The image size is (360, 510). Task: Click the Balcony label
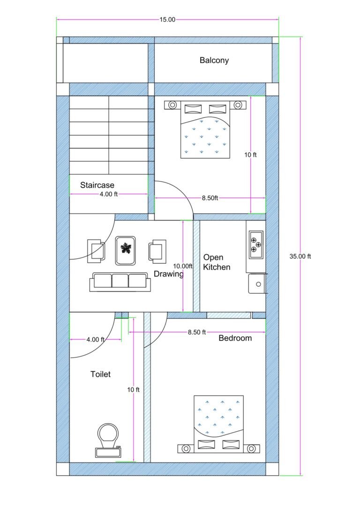click(x=214, y=60)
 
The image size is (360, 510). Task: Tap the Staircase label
click(x=97, y=185)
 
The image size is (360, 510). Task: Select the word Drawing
click(x=169, y=274)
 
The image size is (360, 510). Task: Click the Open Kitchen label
click(x=216, y=262)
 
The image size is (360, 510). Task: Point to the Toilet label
click(x=100, y=374)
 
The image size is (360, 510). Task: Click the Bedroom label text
click(x=235, y=338)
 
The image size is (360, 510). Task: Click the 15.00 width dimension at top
click(x=167, y=19)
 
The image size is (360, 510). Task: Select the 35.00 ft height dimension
click(x=300, y=256)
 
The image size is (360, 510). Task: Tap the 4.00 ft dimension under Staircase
click(x=109, y=194)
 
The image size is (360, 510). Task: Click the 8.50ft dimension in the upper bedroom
click(x=210, y=198)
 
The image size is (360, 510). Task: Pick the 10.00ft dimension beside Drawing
click(x=183, y=266)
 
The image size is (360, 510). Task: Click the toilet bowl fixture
click(x=108, y=440)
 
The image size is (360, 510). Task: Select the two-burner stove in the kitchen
click(x=256, y=244)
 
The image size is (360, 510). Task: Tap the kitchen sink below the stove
click(x=257, y=283)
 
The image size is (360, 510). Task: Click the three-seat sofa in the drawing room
click(x=120, y=282)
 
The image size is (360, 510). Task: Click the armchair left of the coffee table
click(x=96, y=249)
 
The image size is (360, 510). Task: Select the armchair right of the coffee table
click(x=157, y=249)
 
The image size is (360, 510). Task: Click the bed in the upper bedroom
click(x=205, y=129)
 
